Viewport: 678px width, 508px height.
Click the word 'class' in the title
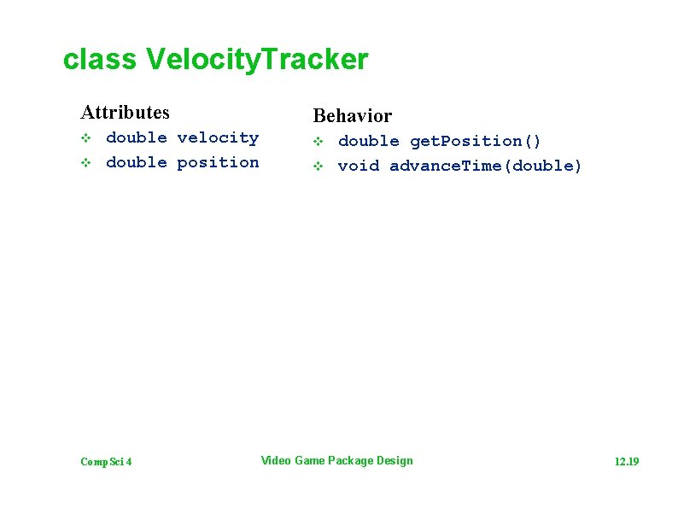(99, 60)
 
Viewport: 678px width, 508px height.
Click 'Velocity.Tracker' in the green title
(257, 60)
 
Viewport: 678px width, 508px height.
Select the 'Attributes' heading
(125, 112)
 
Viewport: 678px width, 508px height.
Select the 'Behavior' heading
(352, 115)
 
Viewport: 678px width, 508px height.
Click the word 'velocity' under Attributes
(218, 137)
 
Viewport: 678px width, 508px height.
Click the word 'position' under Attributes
(218, 162)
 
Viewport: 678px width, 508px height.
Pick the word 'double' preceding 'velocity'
(136, 137)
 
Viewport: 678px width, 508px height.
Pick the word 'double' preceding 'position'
(136, 162)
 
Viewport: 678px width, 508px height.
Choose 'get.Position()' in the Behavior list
(476, 141)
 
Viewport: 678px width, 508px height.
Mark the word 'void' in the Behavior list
(358, 166)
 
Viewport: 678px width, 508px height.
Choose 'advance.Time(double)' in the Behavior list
(485, 166)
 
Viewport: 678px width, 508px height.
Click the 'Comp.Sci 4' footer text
(106, 462)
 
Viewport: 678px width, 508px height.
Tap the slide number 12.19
(627, 462)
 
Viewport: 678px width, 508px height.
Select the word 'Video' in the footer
(275, 461)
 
